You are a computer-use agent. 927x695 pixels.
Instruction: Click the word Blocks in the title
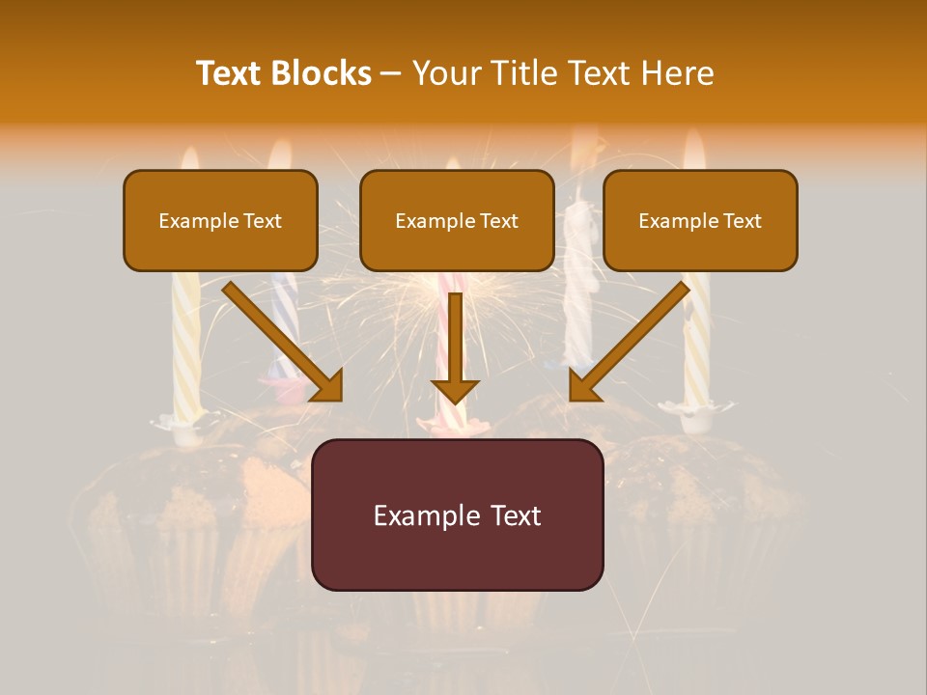323,73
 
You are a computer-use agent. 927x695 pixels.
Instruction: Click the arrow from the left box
280,338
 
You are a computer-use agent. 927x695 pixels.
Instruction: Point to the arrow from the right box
632,338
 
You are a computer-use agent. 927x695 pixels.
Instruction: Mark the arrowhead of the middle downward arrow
455,390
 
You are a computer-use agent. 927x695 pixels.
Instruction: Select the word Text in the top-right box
742,221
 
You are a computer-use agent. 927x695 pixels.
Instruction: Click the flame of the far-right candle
694,153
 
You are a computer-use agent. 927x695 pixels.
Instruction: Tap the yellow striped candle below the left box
184,347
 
